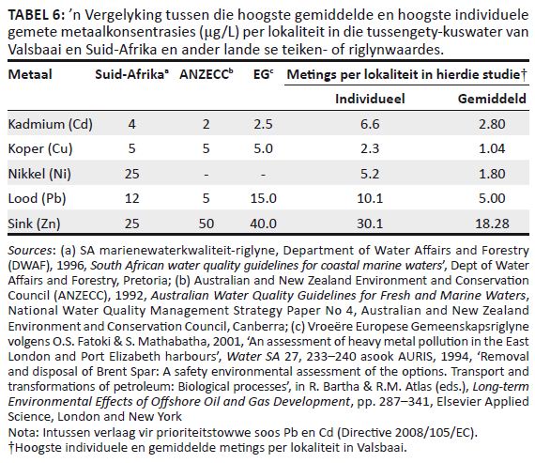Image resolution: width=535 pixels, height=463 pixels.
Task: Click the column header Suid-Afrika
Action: click(x=130, y=74)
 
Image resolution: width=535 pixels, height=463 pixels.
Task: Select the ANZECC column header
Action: click(x=204, y=74)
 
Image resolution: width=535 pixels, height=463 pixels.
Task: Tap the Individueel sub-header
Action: click(x=370, y=99)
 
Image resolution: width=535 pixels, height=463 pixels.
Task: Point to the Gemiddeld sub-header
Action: click(x=492, y=99)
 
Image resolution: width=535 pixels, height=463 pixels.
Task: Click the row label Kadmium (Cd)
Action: click(x=51, y=124)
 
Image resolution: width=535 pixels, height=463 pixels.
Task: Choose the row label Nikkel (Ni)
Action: click(x=39, y=174)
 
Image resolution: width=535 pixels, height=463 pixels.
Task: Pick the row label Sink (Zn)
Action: click(x=34, y=224)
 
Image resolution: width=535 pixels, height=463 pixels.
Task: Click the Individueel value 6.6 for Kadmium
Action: click(x=370, y=124)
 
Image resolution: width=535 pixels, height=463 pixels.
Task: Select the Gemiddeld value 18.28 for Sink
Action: click(x=492, y=224)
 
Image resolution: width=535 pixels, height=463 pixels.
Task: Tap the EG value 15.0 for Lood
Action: click(x=263, y=198)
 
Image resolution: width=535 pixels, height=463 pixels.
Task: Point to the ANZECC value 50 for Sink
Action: click(x=206, y=224)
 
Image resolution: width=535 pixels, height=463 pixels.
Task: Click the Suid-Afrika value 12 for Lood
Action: click(x=131, y=198)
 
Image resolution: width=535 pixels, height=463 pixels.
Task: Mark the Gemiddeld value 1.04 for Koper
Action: click(x=492, y=149)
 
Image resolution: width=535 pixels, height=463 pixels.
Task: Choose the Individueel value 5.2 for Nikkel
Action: click(x=370, y=174)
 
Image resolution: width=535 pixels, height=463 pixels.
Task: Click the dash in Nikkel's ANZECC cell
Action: click(x=206, y=175)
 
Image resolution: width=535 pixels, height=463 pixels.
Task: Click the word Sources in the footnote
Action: click(x=30, y=251)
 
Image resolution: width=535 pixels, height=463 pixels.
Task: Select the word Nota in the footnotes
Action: click(x=23, y=433)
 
